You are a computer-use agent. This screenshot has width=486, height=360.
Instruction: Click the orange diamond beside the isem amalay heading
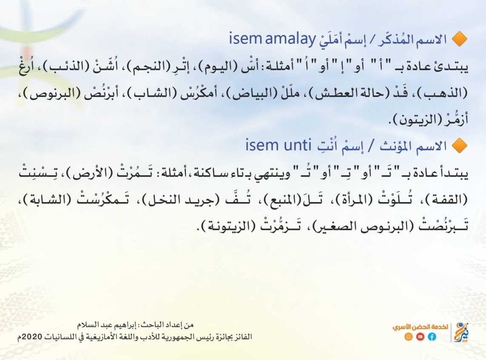click(459, 39)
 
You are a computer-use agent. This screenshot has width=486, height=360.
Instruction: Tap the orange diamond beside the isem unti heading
click(459, 145)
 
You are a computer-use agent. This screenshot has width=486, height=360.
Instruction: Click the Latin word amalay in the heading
click(290, 39)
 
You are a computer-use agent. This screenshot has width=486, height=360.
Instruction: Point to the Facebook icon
click(432, 337)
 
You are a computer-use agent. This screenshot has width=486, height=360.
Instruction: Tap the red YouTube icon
click(420, 337)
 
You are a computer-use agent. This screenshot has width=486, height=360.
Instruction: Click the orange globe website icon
click(409, 337)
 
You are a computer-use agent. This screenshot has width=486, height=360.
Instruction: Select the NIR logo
click(461, 332)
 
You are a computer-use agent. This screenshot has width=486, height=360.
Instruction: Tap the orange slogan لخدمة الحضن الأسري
click(420, 327)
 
